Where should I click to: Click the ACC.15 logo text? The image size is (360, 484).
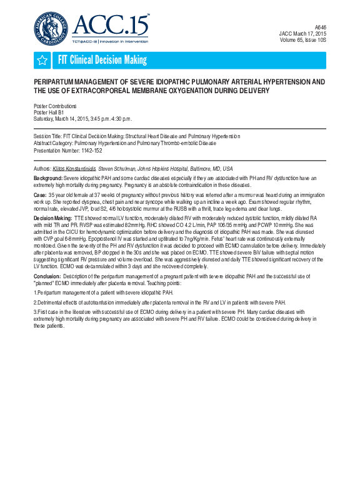click(111, 25)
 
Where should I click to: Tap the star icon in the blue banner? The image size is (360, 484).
click(42, 60)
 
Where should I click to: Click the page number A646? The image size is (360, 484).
click(319, 28)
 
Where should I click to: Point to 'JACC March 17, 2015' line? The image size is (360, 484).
click(302, 34)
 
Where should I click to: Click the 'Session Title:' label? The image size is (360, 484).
click(47, 136)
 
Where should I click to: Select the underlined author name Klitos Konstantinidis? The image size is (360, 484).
click(74, 169)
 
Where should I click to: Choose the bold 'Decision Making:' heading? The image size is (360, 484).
click(52, 218)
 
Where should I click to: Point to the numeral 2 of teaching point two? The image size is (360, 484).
click(35, 301)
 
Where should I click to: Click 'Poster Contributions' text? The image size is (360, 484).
click(55, 106)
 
